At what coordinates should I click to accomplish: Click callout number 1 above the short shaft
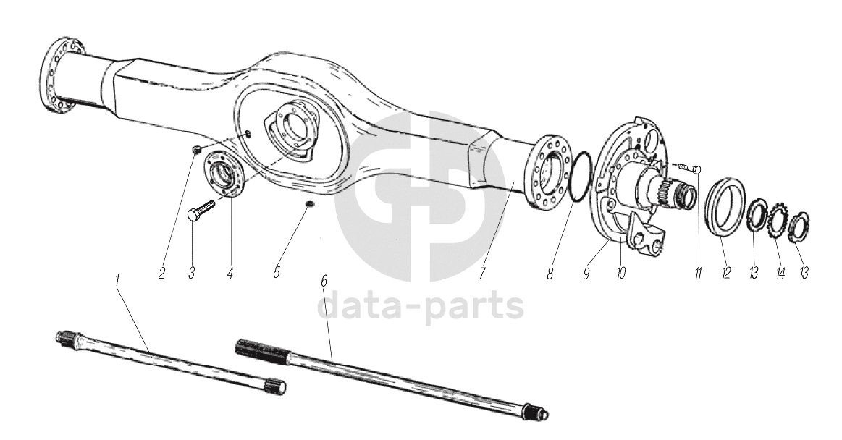118,280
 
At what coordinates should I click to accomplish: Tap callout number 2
162,273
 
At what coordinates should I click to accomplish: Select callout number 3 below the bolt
191,273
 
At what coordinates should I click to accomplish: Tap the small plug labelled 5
309,203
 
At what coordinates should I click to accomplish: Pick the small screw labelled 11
687,168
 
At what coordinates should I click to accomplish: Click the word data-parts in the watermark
421,306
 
